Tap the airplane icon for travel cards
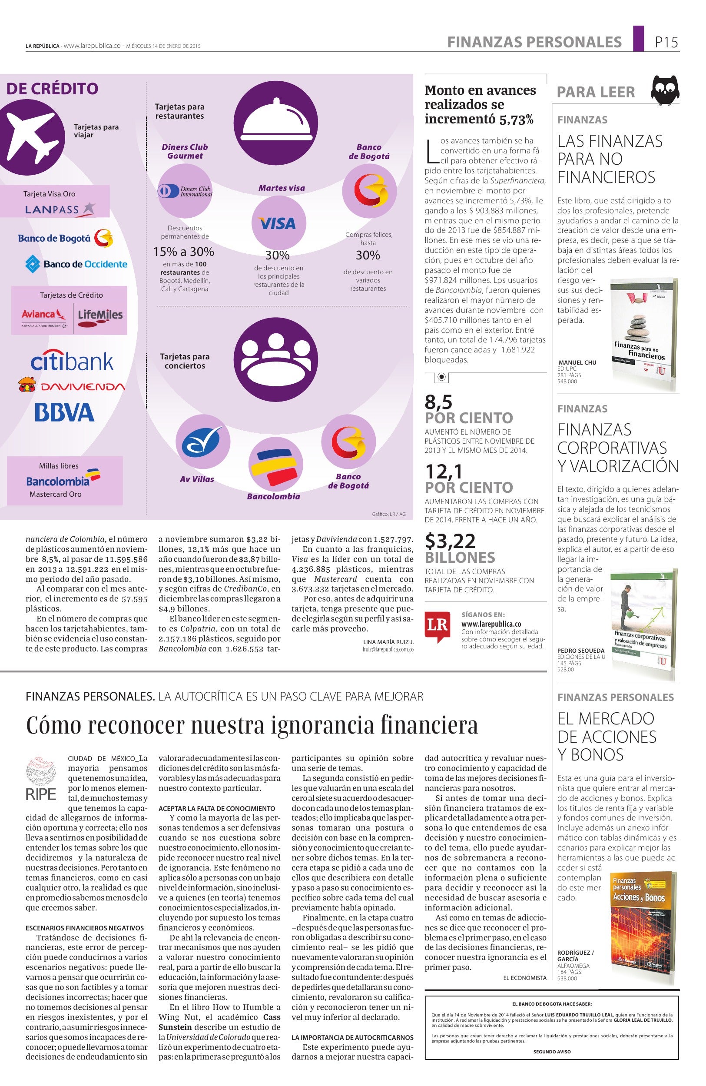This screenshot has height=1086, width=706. pyautogui.click(x=32, y=132)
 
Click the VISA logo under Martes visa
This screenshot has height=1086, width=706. pyautogui.click(x=277, y=223)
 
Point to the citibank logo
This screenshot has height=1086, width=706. pyautogui.click(x=72, y=361)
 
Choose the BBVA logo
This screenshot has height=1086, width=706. pyautogui.click(x=64, y=412)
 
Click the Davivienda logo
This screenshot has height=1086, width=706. pyautogui.click(x=71, y=386)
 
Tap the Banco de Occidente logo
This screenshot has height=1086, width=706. pyautogui.click(x=76, y=264)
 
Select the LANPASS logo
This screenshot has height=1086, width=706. pyautogui.click(x=60, y=209)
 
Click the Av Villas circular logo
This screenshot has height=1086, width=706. pyautogui.click(x=202, y=442)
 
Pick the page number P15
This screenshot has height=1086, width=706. pyautogui.click(x=666, y=43)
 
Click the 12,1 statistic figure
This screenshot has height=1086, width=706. pyautogui.click(x=444, y=471)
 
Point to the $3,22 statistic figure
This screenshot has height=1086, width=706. pyautogui.click(x=450, y=541)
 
